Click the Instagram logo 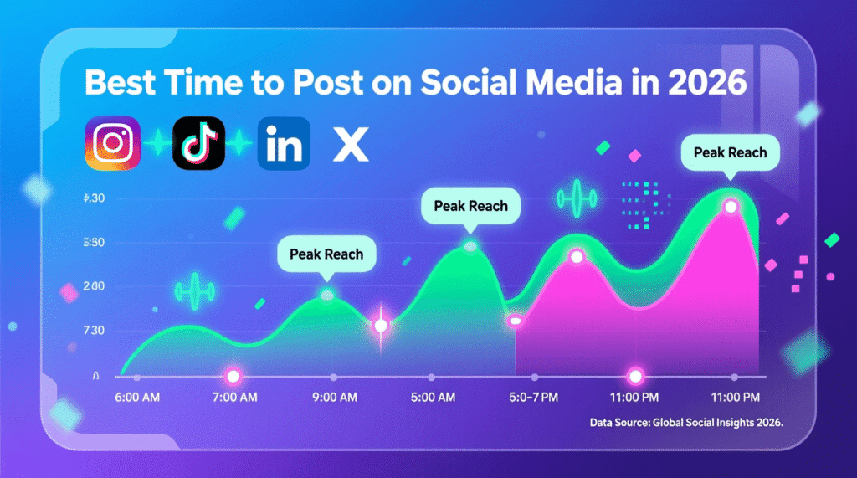click(112, 143)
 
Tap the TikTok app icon click(198, 144)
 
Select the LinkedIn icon click(284, 144)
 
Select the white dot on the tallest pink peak click(731, 206)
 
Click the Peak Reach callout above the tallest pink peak click(731, 153)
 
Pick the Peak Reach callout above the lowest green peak click(326, 254)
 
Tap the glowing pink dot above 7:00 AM click(233, 376)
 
